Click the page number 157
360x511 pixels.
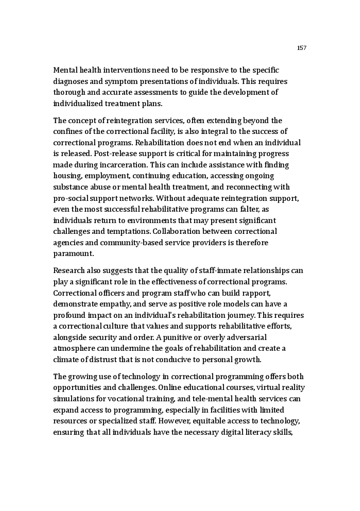point(302,48)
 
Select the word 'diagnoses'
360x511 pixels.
point(70,81)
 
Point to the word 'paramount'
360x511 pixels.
point(73,254)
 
